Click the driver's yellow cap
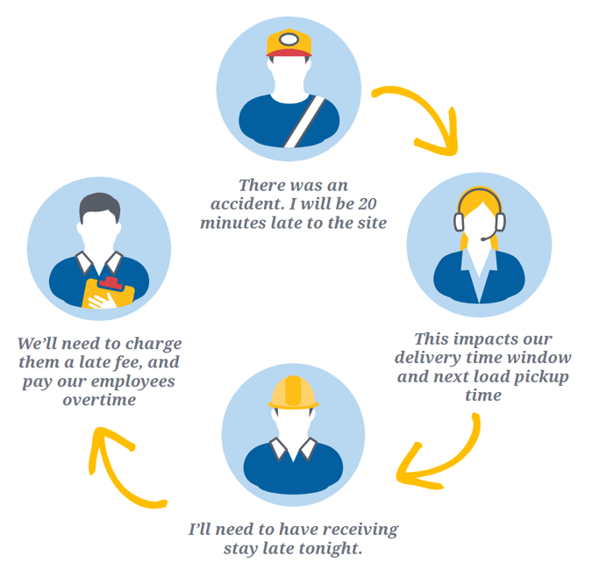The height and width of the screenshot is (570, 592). click(288, 42)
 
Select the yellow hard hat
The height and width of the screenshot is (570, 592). click(293, 393)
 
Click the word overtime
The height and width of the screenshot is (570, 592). click(99, 400)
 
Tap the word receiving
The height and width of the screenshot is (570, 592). click(360, 530)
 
